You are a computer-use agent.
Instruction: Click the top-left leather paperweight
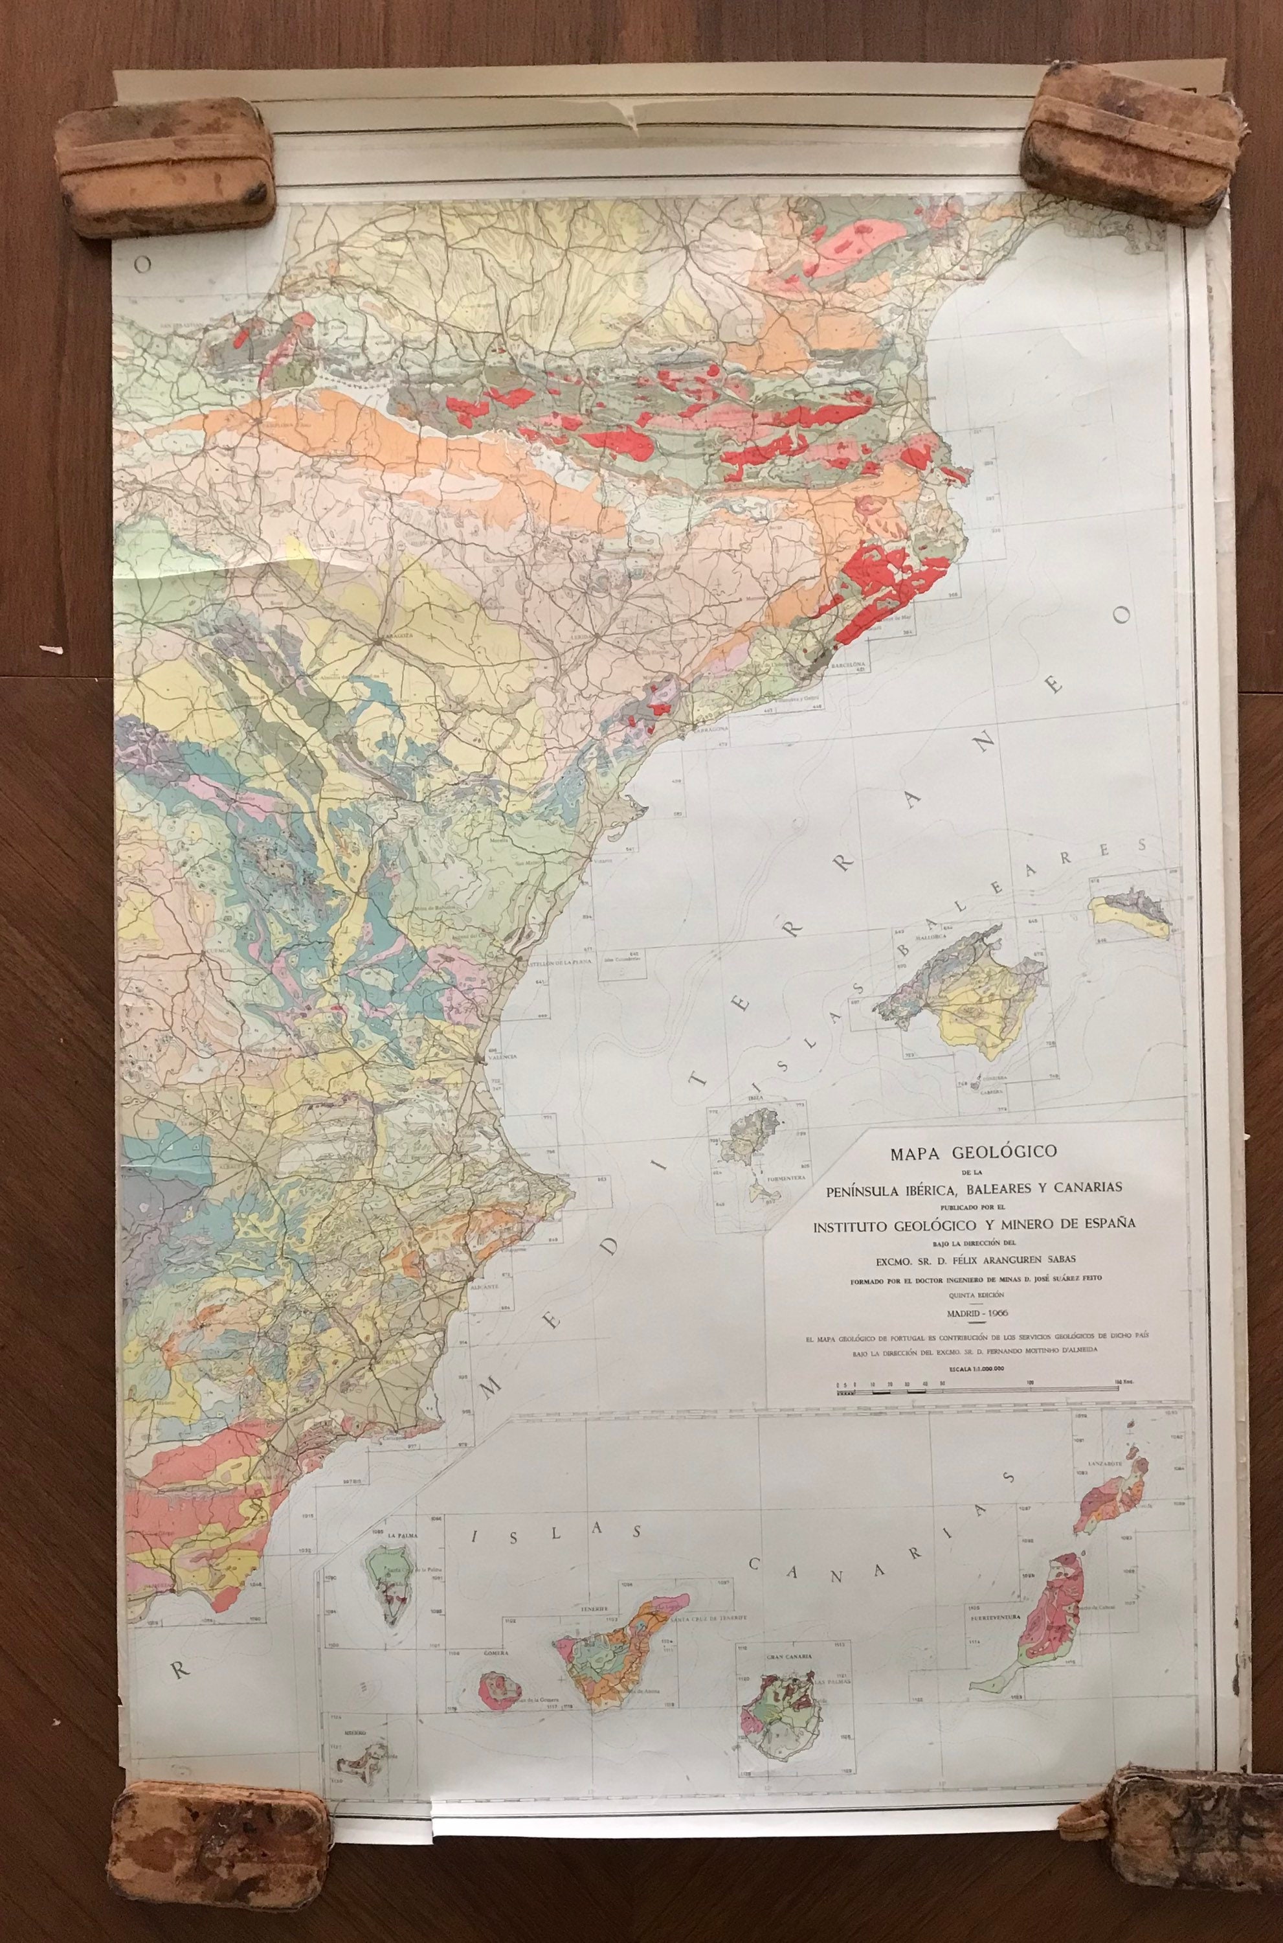pyautogui.click(x=166, y=166)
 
